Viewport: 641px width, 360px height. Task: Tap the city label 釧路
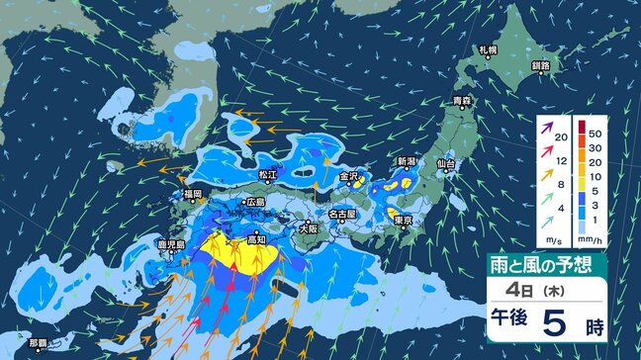(540, 65)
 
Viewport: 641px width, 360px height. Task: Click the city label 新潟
(407, 160)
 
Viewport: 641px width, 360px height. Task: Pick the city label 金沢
(349, 176)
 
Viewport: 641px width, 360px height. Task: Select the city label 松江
(267, 174)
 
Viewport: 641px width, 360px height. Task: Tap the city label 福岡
(192, 194)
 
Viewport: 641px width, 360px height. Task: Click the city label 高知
(255, 237)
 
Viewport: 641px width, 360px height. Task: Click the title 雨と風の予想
(545, 264)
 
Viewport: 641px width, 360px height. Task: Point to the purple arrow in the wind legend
(546, 128)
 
